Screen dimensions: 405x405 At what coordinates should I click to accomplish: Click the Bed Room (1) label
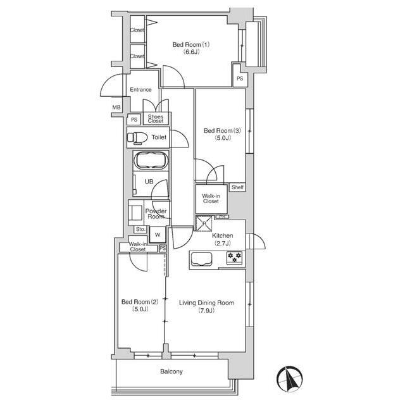click(x=191, y=48)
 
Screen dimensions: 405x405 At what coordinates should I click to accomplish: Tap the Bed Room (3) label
click(x=222, y=134)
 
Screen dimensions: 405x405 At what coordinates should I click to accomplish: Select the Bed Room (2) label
click(x=140, y=305)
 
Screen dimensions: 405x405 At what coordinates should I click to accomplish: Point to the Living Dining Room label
click(x=207, y=306)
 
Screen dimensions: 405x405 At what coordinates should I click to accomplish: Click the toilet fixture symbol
click(x=137, y=137)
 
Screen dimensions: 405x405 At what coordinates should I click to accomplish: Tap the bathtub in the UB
click(x=151, y=161)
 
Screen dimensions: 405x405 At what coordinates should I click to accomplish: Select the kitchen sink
click(x=201, y=259)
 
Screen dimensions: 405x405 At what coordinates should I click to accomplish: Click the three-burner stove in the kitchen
click(x=235, y=258)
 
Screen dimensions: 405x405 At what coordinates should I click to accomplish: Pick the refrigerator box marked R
click(x=204, y=223)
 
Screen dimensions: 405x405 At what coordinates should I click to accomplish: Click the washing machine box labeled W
click(x=158, y=235)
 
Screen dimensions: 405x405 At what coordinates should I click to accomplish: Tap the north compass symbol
click(x=290, y=379)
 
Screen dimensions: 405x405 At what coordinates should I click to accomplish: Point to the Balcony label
click(x=171, y=371)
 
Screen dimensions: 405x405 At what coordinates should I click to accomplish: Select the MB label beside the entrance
click(x=116, y=107)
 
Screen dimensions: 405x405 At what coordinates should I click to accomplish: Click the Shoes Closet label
click(x=156, y=118)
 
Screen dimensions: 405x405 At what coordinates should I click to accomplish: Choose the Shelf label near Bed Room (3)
click(x=237, y=187)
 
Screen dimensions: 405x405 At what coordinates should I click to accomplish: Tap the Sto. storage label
click(x=140, y=229)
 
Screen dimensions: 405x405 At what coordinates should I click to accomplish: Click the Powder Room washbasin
click(x=135, y=213)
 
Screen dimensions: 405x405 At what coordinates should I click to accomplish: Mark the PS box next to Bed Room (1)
click(x=240, y=78)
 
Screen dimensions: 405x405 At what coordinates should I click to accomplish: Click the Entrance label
click(x=140, y=90)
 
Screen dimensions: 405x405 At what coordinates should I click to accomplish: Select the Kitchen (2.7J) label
click(x=222, y=239)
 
